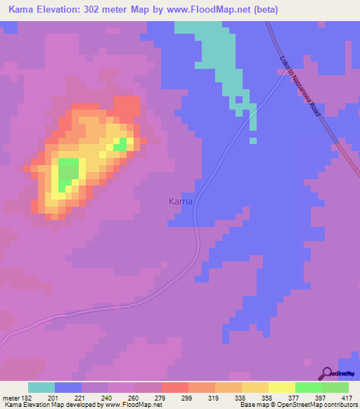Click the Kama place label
pos(181,202)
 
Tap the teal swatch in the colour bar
pos(41,387)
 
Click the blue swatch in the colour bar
pos(68,387)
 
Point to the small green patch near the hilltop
pos(121,144)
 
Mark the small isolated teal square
pos(252,141)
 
